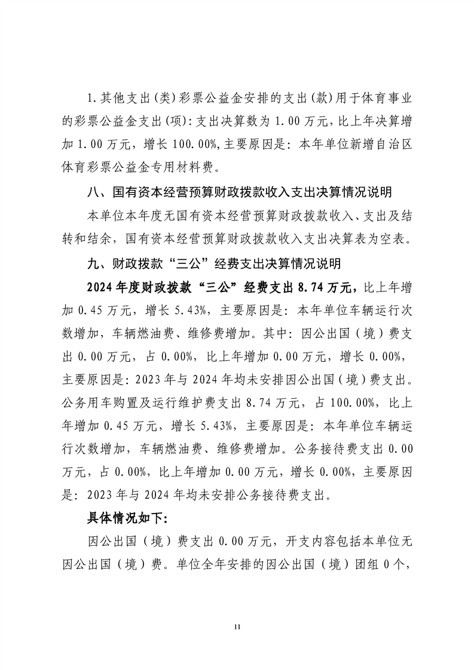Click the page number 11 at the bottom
(237, 627)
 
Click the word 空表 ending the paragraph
(397, 239)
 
